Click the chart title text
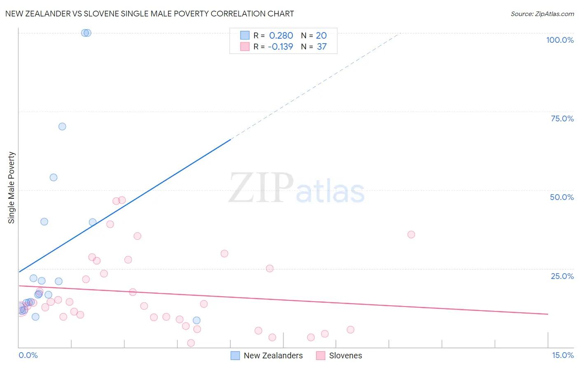pyautogui.click(x=149, y=14)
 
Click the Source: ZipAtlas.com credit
pyautogui.click(x=542, y=14)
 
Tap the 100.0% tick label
pyautogui.click(x=560, y=40)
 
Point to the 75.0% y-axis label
pyautogui.click(x=562, y=118)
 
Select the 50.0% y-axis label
pyautogui.click(x=562, y=197)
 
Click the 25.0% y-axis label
pyautogui.click(x=562, y=276)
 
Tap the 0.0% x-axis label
pyautogui.click(x=28, y=355)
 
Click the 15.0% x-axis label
pyautogui.click(x=563, y=355)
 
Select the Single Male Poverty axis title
pyautogui.click(x=12, y=188)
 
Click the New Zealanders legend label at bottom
pyautogui.click(x=273, y=355)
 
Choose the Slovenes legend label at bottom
pyautogui.click(x=346, y=355)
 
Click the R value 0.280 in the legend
pyautogui.click(x=281, y=36)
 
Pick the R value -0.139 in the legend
pyautogui.click(x=280, y=47)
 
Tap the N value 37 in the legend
pyautogui.click(x=322, y=47)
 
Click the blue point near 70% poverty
pyautogui.click(x=62, y=127)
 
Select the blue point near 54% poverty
pyautogui.click(x=54, y=177)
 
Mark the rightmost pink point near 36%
pyautogui.click(x=411, y=235)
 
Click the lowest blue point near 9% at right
pyautogui.click(x=196, y=321)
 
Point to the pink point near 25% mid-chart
pyautogui.click(x=270, y=269)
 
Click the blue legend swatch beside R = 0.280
pyautogui.click(x=245, y=36)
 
